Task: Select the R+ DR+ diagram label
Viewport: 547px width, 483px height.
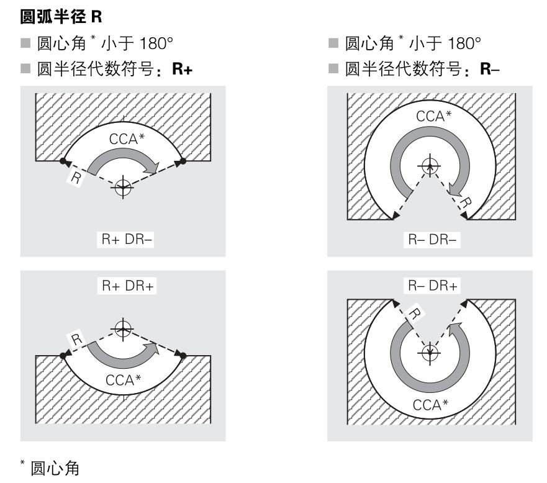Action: [x=124, y=287]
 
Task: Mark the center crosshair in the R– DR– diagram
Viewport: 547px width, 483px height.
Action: [x=427, y=166]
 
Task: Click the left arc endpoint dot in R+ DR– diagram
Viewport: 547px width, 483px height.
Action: [x=63, y=161]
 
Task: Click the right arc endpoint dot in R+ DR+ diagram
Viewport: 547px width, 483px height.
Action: [x=184, y=355]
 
